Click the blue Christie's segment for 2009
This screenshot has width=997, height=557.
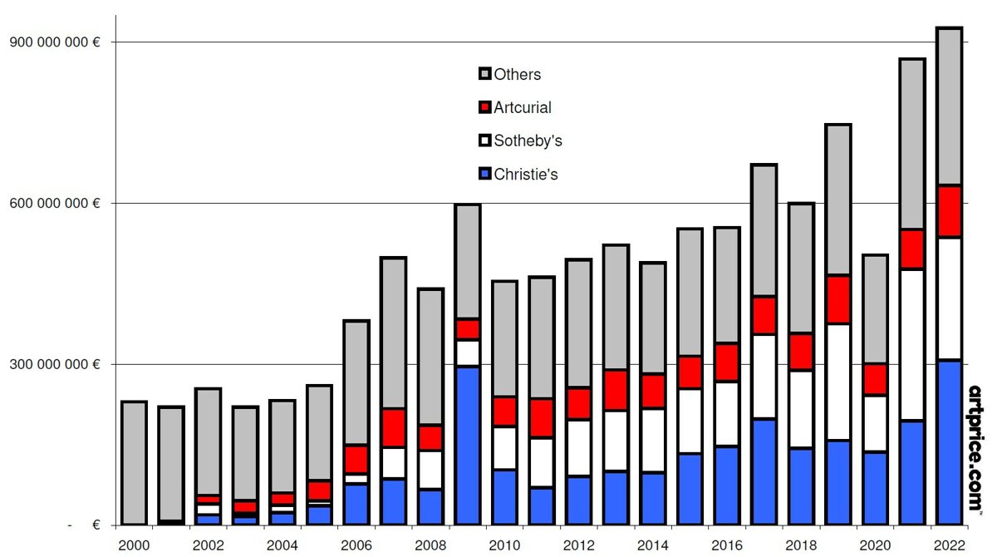point(468,446)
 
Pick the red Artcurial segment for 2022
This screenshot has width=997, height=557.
point(949,211)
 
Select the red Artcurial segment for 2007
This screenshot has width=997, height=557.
point(393,427)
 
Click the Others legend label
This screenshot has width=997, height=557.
point(517,75)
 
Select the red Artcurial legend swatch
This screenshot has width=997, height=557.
point(485,107)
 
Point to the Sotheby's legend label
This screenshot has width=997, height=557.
point(528,140)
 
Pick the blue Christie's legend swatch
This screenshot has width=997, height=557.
point(485,174)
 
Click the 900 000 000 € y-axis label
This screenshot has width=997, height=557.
point(55,42)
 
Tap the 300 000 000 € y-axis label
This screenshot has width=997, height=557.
point(55,364)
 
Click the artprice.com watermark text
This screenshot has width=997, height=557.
point(976,448)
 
